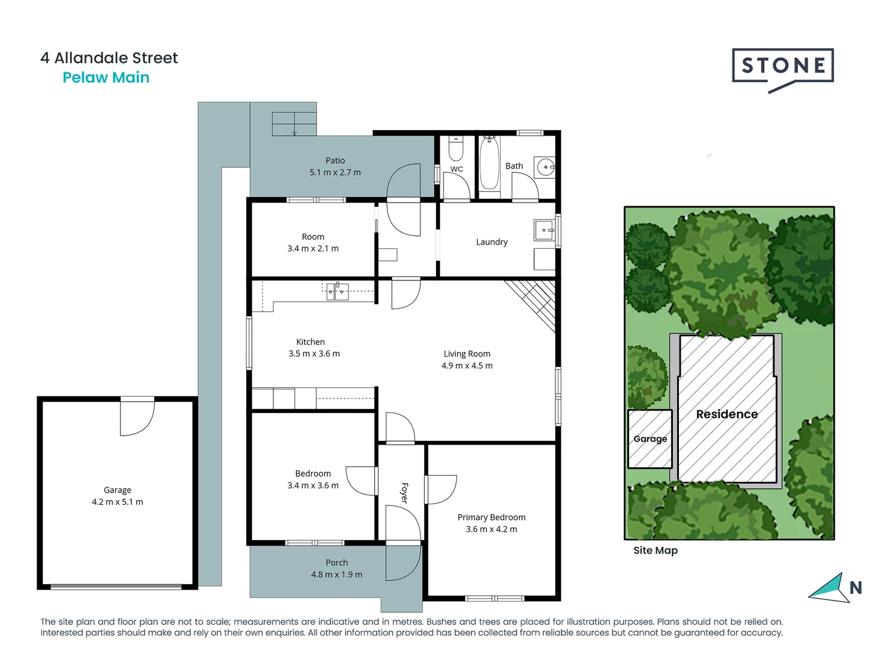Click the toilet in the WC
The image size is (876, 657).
pyautogui.click(x=456, y=148)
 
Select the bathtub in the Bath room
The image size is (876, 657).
pyautogui.click(x=489, y=164)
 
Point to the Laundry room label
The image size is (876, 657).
pyautogui.click(x=492, y=242)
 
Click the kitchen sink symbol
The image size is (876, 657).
pyautogui.click(x=336, y=291)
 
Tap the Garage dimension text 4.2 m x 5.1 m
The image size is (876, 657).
pyautogui.click(x=117, y=502)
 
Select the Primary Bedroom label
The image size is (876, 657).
pyautogui.click(x=492, y=517)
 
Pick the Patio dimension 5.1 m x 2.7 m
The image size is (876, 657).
pyautogui.click(x=335, y=172)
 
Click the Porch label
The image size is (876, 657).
pyautogui.click(x=336, y=563)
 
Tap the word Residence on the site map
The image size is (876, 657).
pyautogui.click(x=727, y=414)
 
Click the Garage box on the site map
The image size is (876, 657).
pyautogui.click(x=650, y=439)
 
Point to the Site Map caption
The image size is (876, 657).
pyautogui.click(x=655, y=551)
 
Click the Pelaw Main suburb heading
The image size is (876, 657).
pyautogui.click(x=106, y=78)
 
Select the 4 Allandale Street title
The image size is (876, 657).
pyautogui.click(x=109, y=58)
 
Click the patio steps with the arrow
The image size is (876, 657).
pyautogui.click(x=294, y=124)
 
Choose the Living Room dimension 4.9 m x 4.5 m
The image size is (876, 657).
pyautogui.click(x=467, y=366)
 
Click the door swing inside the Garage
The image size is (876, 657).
pyautogui.click(x=137, y=419)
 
